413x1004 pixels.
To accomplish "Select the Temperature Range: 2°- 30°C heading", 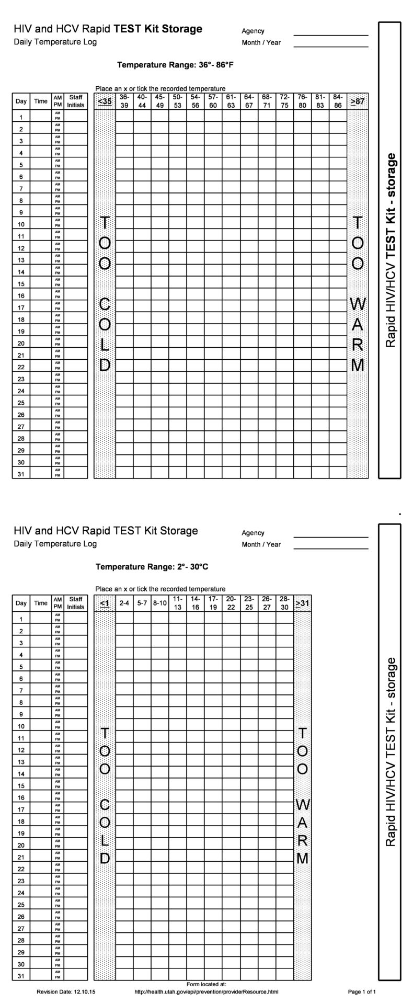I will [152, 567].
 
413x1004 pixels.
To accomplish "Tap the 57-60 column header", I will [213, 101].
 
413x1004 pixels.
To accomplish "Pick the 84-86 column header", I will [338, 101].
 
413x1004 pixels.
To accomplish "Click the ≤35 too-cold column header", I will [105, 101].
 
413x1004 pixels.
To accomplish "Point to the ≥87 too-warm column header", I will [358, 101].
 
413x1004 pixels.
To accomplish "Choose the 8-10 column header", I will [159, 603].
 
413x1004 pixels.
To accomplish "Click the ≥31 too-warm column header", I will [302, 603].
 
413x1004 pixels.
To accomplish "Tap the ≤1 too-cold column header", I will [105, 603].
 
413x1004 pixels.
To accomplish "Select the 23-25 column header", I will [249, 603].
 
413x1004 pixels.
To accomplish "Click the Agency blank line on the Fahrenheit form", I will [331, 34].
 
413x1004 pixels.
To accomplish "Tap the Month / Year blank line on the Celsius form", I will [331, 547].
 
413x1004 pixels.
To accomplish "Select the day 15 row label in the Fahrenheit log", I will [21, 284].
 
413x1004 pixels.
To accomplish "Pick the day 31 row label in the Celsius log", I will [21, 976].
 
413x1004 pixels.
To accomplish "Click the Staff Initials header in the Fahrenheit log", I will [76, 101].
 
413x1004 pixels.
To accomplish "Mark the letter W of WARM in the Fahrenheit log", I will [358, 303].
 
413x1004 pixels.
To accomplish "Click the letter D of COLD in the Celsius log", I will [105, 858].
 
